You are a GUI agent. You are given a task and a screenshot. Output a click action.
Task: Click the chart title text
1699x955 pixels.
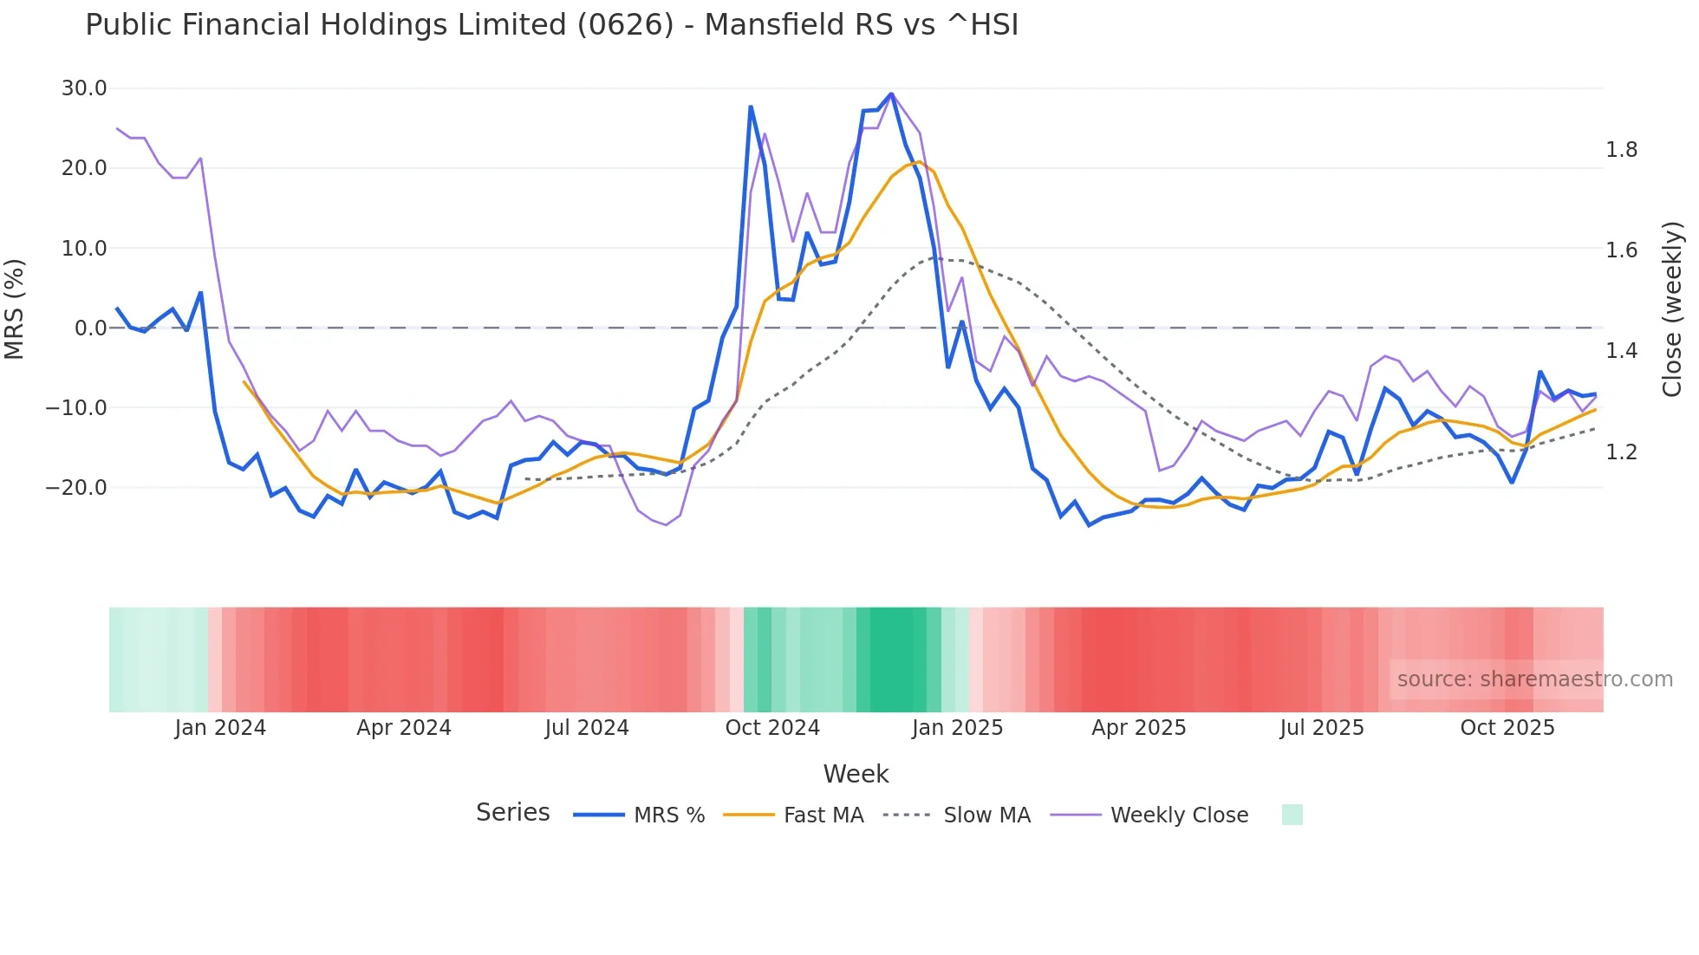point(551,25)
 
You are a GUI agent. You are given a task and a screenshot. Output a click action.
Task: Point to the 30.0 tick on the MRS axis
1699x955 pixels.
point(84,88)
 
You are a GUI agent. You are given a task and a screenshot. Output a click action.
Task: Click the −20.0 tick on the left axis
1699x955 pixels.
point(77,488)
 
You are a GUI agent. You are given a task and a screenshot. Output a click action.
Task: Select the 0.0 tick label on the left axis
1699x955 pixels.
point(90,328)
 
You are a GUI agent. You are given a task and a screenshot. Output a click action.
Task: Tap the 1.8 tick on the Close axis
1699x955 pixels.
point(1621,150)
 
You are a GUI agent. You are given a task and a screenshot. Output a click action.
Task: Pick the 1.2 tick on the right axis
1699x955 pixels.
point(1621,452)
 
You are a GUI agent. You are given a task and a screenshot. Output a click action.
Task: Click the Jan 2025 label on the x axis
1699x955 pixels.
point(957,728)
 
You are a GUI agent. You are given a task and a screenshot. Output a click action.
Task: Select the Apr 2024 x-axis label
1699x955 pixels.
point(404,728)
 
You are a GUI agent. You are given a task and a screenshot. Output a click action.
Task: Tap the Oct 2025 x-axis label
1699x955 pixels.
point(1507,728)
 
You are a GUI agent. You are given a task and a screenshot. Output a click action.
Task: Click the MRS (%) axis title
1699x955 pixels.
point(15,309)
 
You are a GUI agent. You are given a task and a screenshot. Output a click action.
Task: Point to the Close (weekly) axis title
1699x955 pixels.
point(1672,309)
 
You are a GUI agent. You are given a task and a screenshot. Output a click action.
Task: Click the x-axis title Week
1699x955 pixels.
point(856,774)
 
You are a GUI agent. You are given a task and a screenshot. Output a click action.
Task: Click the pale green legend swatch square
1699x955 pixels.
point(1292,815)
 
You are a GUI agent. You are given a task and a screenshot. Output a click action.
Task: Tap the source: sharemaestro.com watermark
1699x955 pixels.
point(1534,679)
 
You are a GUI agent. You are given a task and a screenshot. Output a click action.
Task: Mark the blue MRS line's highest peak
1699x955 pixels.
point(891,94)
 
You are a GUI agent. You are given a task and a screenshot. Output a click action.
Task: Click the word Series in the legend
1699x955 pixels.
point(512,813)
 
